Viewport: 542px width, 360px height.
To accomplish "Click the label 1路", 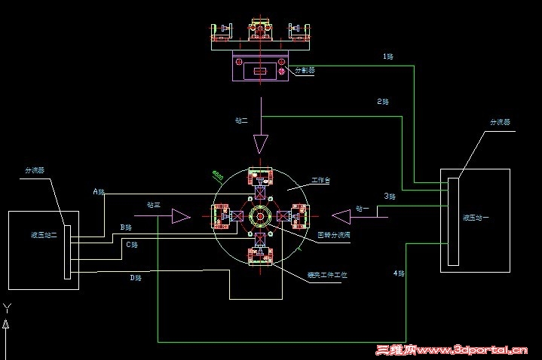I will (388, 56).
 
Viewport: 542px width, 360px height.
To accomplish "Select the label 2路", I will (383, 102).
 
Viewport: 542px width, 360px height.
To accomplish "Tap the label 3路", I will (390, 196).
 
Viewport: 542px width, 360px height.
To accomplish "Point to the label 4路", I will (398, 272).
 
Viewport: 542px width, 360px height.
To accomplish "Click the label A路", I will (99, 191).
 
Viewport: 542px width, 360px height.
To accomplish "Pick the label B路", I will (126, 227).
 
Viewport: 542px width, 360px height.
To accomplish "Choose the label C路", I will (131, 245).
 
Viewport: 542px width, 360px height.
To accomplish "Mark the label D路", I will (136, 278).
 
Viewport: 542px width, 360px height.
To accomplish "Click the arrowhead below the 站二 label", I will (261, 143).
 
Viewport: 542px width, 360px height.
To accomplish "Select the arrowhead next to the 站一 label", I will (341, 217).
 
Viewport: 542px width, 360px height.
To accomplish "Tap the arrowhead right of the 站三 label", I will (180, 217).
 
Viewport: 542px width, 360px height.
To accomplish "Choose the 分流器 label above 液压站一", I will (500, 121).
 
